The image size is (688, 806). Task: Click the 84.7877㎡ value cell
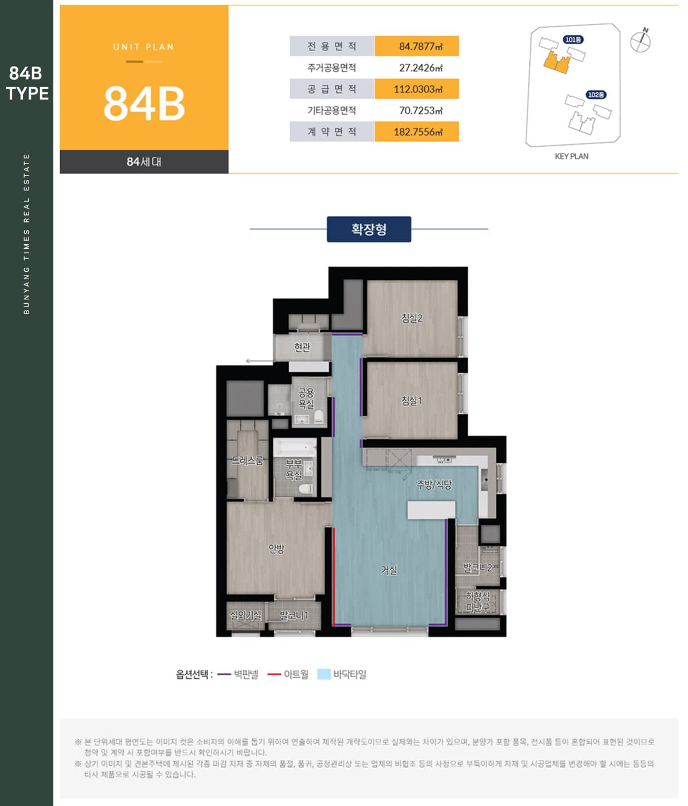[417, 46]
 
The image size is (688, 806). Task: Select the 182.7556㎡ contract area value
[417, 132]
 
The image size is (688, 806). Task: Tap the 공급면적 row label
[332, 89]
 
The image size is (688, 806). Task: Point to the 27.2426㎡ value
[421, 68]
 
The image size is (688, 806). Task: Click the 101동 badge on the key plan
[573, 40]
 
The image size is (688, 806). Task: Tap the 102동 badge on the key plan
[596, 95]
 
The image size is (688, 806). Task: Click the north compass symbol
[640, 40]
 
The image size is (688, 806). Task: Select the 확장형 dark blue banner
[369, 229]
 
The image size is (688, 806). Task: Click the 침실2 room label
[412, 318]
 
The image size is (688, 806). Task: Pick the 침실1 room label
[412, 401]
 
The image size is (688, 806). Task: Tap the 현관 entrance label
[302, 347]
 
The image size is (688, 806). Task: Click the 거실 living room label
[389, 570]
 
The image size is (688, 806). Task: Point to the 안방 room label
[276, 549]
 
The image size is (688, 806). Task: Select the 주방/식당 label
[434, 485]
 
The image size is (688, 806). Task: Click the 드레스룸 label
[248, 460]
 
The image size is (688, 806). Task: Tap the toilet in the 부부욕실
[306, 488]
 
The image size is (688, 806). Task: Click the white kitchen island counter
[431, 510]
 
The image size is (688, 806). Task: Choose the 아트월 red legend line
[274, 674]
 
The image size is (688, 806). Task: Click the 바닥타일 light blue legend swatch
[324, 674]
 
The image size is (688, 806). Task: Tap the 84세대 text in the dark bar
[144, 162]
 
